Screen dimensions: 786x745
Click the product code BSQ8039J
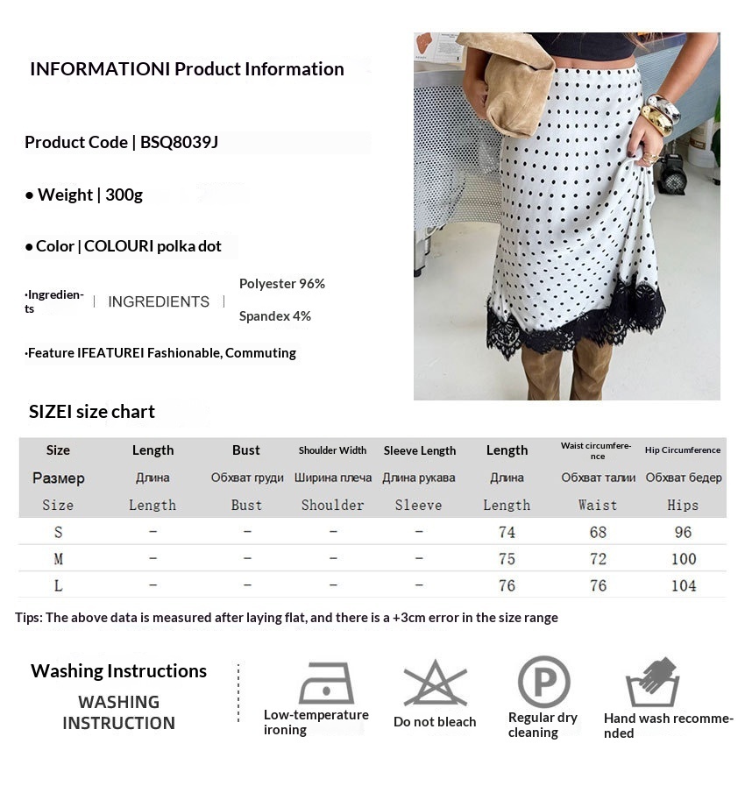tap(179, 142)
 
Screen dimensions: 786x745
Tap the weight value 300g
tap(124, 195)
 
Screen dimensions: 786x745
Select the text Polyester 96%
tap(281, 284)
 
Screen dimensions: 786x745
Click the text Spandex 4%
tap(274, 316)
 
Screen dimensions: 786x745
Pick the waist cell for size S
tap(598, 532)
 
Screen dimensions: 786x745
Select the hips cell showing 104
tap(683, 585)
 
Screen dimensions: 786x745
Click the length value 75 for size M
tap(507, 559)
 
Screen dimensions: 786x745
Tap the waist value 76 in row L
tap(598, 585)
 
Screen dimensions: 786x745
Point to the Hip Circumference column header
tap(683, 450)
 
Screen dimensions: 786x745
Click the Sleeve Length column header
tap(419, 450)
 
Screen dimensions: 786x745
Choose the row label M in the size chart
tap(58, 559)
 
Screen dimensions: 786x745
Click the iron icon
tap(326, 683)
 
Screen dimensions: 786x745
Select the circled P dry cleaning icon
tap(543, 682)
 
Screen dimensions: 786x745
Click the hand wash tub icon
tap(652, 683)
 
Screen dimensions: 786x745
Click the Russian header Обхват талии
tap(598, 478)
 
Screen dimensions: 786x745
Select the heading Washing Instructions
tap(118, 671)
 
